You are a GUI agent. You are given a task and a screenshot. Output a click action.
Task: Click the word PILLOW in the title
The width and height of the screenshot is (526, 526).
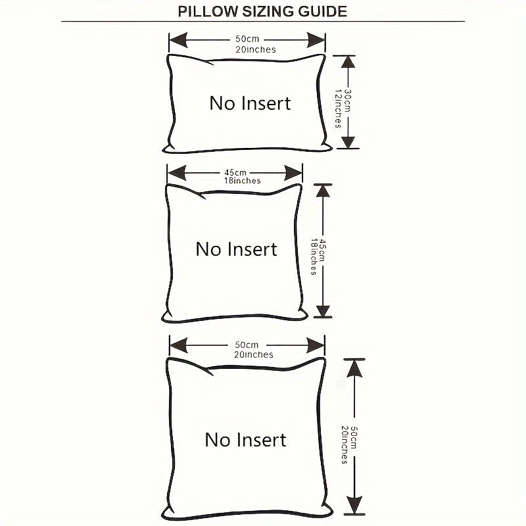(x=204, y=12)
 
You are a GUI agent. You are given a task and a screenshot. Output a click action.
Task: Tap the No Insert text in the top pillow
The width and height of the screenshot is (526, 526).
(x=250, y=103)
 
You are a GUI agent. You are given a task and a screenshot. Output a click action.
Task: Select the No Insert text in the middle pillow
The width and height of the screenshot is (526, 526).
(x=237, y=249)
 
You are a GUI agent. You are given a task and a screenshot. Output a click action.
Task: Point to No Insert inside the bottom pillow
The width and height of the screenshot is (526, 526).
(x=246, y=439)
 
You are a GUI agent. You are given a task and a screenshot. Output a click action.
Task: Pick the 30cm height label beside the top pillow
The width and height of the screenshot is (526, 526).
(x=347, y=101)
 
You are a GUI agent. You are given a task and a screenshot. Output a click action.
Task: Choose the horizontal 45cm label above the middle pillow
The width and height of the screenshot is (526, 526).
(x=235, y=172)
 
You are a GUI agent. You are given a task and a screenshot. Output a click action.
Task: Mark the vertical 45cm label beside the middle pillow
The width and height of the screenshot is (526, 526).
(x=322, y=250)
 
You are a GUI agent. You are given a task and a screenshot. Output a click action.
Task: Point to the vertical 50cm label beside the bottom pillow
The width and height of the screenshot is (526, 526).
(x=353, y=437)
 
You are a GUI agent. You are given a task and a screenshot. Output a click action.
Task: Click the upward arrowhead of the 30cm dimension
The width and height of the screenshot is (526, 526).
(x=348, y=64)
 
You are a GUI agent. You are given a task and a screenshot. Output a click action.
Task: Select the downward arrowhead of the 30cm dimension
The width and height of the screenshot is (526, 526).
(x=348, y=140)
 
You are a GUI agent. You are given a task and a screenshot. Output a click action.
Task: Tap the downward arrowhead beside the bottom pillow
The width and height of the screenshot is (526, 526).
(x=354, y=503)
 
